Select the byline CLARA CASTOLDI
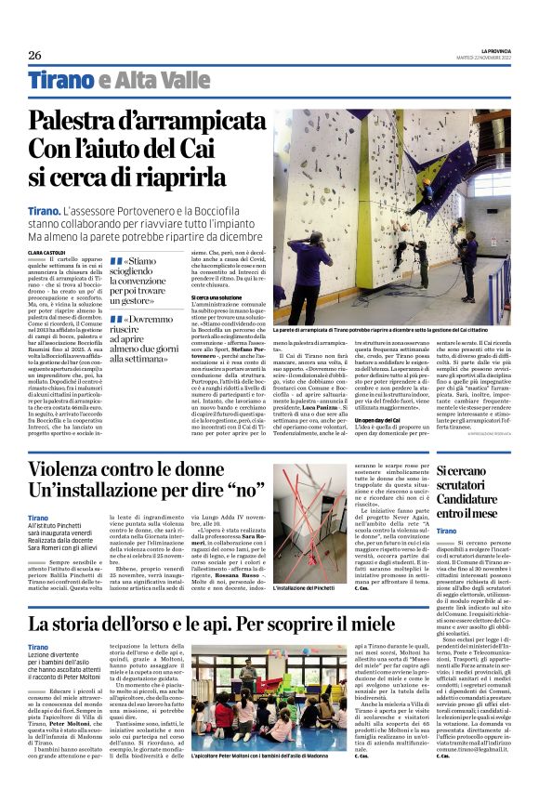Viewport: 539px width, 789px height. coord(46,252)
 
